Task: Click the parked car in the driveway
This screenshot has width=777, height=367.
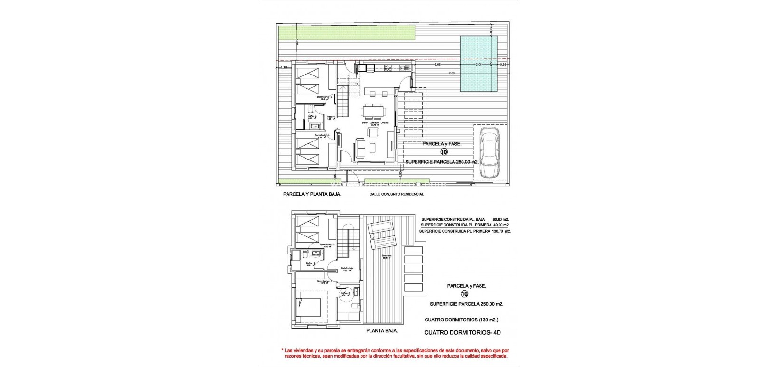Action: coord(490,153)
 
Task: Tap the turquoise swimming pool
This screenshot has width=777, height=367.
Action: coord(478,65)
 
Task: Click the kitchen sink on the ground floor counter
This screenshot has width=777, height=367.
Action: coord(404,67)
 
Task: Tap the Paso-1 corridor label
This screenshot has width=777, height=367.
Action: coord(331,117)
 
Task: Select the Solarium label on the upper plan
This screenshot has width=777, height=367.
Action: coord(387,257)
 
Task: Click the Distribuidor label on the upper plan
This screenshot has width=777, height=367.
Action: coord(348,269)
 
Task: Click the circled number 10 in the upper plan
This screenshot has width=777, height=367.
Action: coord(444,152)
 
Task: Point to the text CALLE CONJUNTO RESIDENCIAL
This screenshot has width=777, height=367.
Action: coord(396,194)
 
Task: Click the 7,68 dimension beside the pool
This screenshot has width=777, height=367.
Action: coord(452,73)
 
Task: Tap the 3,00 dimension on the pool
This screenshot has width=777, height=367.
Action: coord(478,64)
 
